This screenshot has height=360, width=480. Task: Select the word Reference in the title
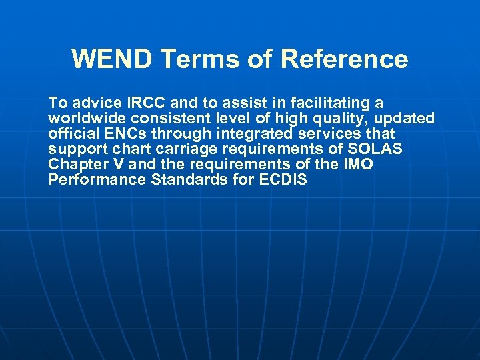(344, 59)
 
